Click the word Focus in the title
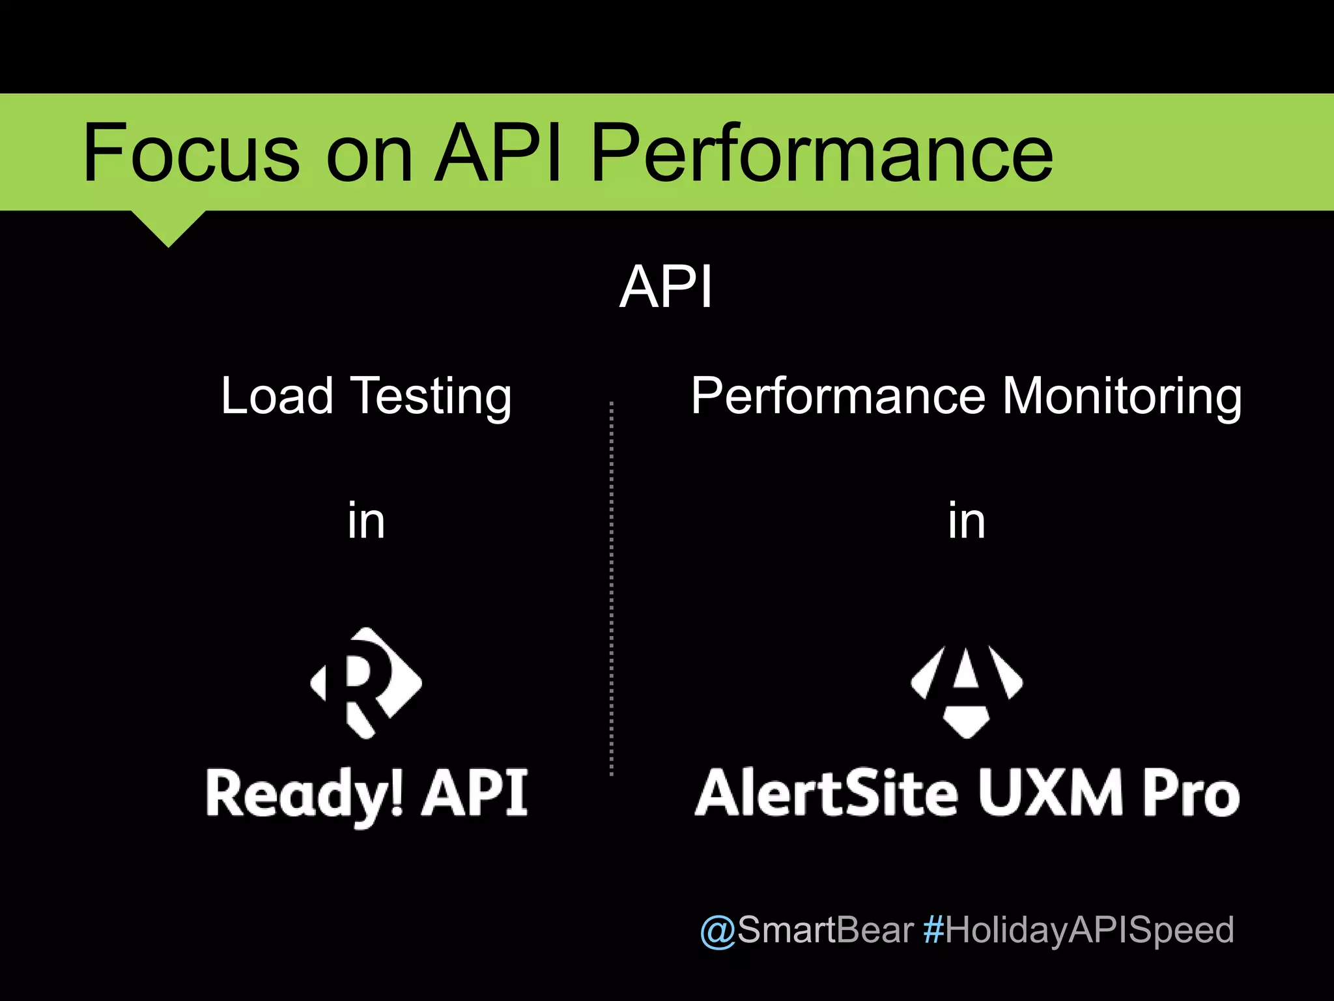tap(191, 154)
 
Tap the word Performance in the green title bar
tap(821, 154)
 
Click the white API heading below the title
tap(666, 287)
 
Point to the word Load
tap(277, 396)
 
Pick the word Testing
tap(431, 397)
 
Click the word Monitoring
tap(1122, 397)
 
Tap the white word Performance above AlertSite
tap(839, 396)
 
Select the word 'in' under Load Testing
tap(366, 521)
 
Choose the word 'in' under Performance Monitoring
tap(967, 521)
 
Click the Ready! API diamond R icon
tap(366, 683)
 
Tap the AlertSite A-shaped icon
tap(967, 691)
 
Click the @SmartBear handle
tap(806, 929)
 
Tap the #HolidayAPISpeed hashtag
tap(1079, 931)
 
